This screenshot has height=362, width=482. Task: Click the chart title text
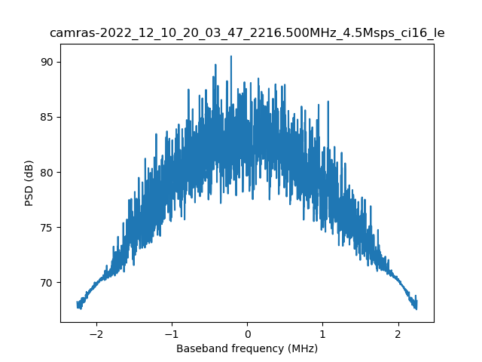pyautogui.click(x=247, y=33)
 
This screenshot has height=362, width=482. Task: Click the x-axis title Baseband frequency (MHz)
pyautogui.click(x=247, y=348)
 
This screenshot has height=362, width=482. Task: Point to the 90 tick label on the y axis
pyautogui.click(x=47, y=62)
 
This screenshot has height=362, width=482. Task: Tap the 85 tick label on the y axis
pyautogui.click(x=47, y=117)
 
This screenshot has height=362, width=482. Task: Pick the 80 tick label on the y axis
pyautogui.click(x=47, y=172)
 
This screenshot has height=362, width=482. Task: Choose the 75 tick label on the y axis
pyautogui.click(x=47, y=228)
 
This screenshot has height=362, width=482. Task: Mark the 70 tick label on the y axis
pyautogui.click(x=47, y=283)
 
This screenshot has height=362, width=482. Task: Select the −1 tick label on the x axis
pyautogui.click(x=172, y=334)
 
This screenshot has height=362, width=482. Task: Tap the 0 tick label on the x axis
pyautogui.click(x=247, y=334)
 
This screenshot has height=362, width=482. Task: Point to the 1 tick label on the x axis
pyautogui.click(x=322, y=334)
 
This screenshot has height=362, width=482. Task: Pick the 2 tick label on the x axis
pyautogui.click(x=398, y=334)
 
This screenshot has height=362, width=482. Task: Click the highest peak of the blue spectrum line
pyautogui.click(x=230, y=56)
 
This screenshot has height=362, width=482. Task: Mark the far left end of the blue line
pyautogui.click(x=78, y=304)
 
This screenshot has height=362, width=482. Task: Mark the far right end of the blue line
pyautogui.click(x=416, y=304)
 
